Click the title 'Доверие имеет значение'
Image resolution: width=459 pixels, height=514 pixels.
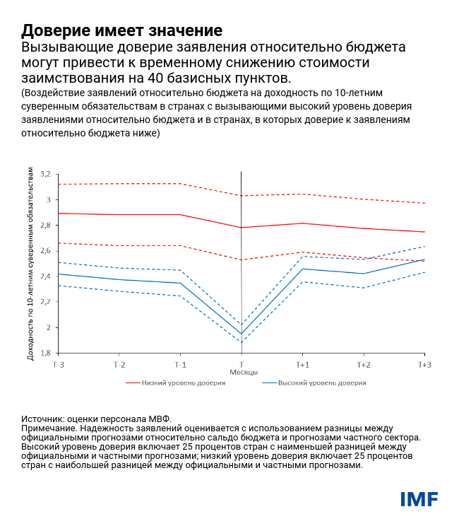click(121, 30)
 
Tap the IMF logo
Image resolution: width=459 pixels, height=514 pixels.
click(419, 499)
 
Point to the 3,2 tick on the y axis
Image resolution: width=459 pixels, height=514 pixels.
click(46, 174)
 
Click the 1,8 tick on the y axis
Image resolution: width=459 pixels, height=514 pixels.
click(46, 353)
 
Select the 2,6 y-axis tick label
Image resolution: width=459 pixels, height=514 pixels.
click(46, 251)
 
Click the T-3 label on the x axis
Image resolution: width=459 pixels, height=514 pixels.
click(59, 364)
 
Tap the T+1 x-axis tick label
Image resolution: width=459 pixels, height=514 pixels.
click(302, 364)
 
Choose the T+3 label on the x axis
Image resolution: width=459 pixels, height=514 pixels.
click(424, 364)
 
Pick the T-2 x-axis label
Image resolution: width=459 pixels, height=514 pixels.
click(119, 364)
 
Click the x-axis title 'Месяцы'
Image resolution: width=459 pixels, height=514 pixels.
click(243, 372)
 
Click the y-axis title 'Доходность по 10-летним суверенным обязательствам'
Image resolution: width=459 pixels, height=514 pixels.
click(30, 264)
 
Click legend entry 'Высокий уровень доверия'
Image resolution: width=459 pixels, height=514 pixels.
click(322, 382)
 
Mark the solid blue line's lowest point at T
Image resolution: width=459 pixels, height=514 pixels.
click(242, 334)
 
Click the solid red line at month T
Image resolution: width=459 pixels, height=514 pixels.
click(242, 228)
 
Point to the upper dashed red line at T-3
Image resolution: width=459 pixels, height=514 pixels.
click(59, 185)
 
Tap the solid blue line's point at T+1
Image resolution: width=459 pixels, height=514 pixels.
click(302, 269)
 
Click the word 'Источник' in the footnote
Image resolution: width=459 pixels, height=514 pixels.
click(42, 419)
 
